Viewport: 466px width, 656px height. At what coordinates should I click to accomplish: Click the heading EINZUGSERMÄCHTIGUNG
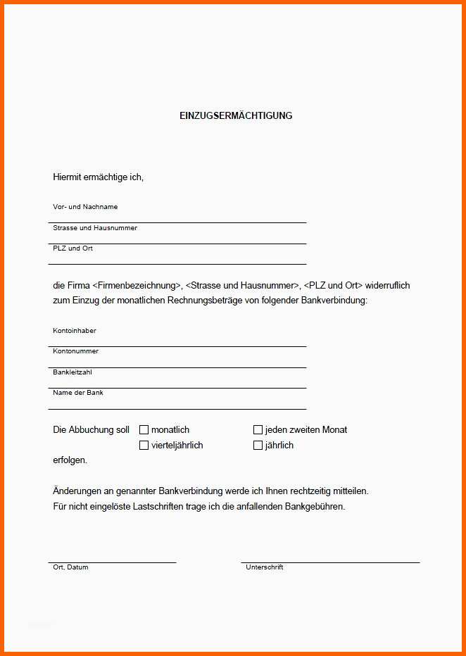coord(236,115)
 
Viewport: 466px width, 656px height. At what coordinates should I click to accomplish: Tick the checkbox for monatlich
coord(144,429)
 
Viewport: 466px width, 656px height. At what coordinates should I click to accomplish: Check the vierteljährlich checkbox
coord(144,445)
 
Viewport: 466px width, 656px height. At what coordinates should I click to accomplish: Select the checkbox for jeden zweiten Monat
coord(258,429)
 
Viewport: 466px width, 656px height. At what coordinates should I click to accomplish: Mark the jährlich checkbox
coord(258,445)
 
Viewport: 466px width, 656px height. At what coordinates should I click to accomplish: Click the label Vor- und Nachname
coord(85,207)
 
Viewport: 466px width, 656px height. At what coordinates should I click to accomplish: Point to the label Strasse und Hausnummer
coord(95,228)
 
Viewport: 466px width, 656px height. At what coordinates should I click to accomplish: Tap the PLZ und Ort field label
coord(73,248)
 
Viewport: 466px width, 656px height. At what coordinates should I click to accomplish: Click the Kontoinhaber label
coord(75,331)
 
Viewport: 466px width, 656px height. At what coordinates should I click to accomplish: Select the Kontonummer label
coord(75,351)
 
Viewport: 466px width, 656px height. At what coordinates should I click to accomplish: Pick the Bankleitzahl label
coord(73,372)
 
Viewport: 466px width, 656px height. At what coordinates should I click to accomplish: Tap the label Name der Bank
coord(78,393)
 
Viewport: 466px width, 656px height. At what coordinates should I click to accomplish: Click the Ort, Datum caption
coord(70,567)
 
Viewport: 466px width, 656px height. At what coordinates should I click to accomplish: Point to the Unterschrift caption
coord(264,567)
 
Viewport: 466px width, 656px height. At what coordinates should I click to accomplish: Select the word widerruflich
coord(387,286)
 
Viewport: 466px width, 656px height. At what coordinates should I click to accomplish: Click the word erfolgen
coord(70,460)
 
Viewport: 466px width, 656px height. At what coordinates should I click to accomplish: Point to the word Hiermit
coord(67,177)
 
